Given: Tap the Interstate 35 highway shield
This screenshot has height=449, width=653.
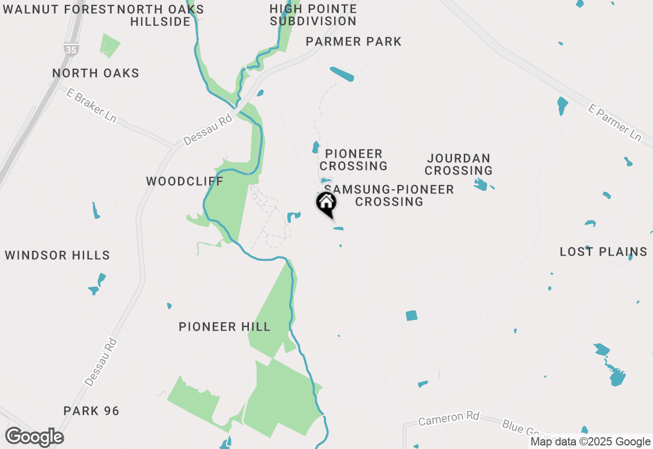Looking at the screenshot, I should coord(71,49).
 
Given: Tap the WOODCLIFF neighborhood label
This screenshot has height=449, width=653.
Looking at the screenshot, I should coord(185,181).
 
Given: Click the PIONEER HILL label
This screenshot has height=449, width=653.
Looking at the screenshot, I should coord(224,327).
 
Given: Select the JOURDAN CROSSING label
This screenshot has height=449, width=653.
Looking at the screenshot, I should coord(459,164).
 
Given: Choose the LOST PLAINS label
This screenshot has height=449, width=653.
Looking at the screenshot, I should coord(604,252).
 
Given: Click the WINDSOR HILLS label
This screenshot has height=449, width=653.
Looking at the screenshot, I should coord(58,255).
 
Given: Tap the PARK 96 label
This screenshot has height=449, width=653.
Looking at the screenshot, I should coord(91,411).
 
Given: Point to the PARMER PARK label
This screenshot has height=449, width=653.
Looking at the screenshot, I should coord(354,41).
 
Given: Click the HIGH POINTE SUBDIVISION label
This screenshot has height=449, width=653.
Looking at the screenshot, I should coord(313,15).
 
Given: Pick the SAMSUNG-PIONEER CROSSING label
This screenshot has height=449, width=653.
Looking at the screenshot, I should coord(389,195).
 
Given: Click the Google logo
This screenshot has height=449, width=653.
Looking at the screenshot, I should coord(34,437).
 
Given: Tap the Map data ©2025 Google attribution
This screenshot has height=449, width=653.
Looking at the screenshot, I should coord(590,442).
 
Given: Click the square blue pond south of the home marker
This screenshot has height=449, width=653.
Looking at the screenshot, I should coord(412,316).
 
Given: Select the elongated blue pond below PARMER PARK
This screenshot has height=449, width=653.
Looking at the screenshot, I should coord(342,74).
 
